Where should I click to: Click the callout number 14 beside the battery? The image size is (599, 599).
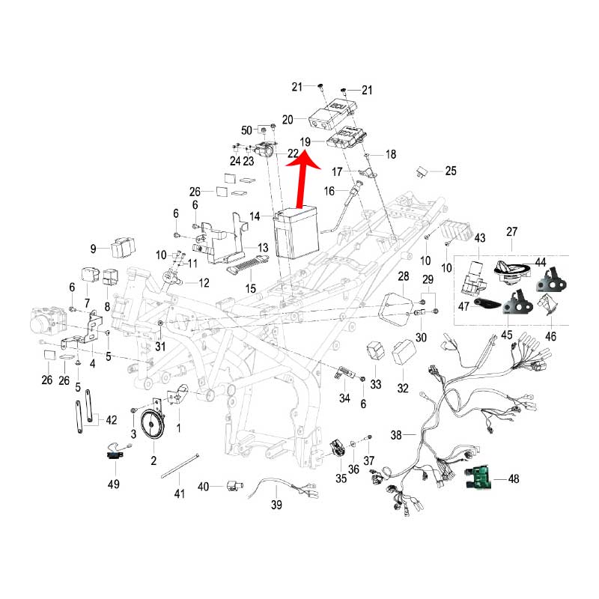[255, 216]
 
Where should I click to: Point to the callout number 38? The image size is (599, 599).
[397, 434]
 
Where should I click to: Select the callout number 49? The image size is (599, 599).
[112, 484]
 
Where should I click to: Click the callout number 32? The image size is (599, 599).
[404, 388]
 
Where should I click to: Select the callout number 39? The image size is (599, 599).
[276, 505]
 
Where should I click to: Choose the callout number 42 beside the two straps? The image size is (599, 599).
[111, 419]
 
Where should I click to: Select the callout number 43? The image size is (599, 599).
[480, 238]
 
